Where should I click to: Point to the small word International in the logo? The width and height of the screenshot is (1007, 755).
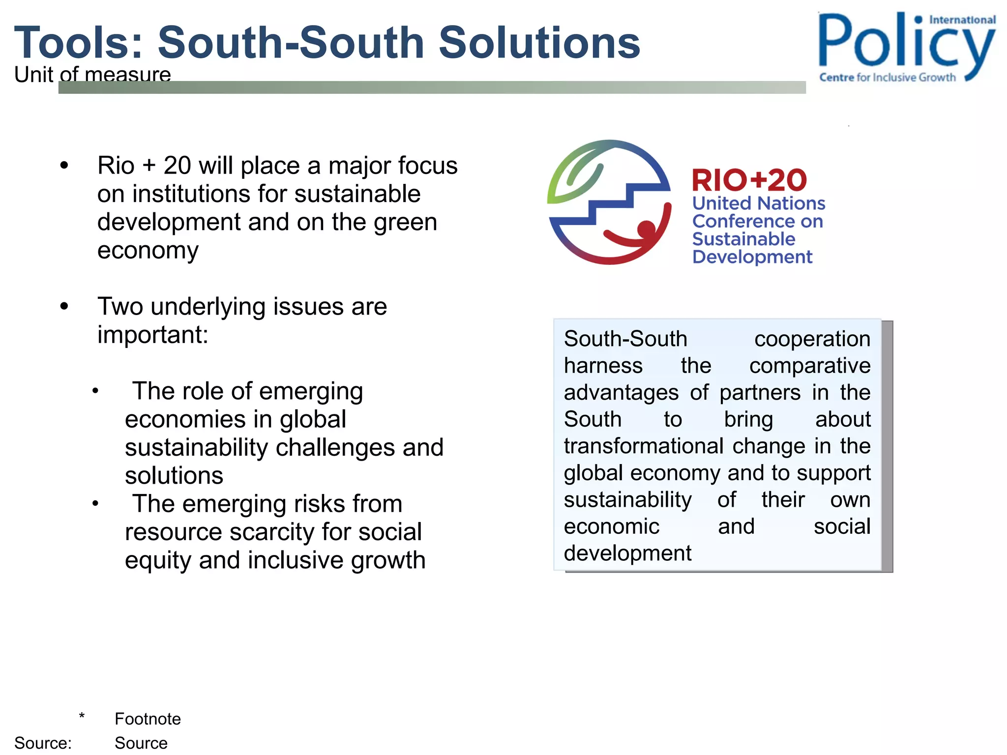point(962,20)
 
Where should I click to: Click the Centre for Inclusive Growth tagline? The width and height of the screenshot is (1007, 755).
point(887,77)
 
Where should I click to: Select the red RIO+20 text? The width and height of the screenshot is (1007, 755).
point(749,180)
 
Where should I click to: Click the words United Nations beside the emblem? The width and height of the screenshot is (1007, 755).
point(758,203)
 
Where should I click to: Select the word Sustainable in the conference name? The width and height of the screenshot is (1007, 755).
point(743,239)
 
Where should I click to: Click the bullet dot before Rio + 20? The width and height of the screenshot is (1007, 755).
point(64,166)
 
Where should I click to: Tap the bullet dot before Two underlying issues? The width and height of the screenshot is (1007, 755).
point(64,307)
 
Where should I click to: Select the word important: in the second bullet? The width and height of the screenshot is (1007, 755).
point(152,335)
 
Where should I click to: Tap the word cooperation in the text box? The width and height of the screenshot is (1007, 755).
point(812,339)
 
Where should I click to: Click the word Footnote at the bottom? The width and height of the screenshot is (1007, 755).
point(148,719)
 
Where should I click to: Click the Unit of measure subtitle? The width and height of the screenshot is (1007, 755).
point(92,75)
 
